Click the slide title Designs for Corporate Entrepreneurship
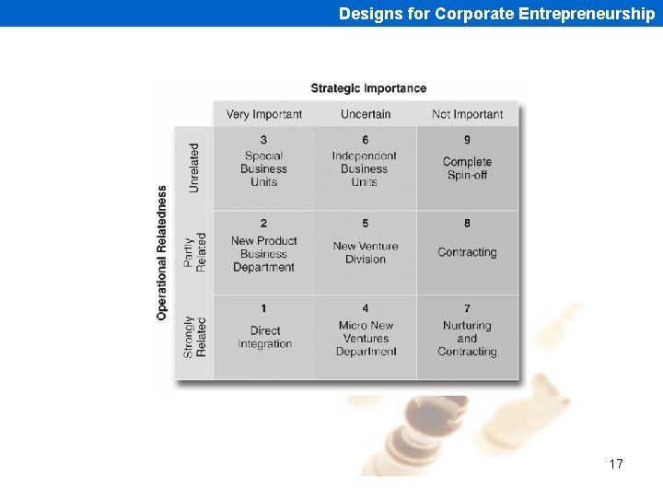click(x=496, y=14)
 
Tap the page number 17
click(x=616, y=464)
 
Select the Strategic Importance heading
click(x=368, y=88)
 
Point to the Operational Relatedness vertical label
click(x=162, y=253)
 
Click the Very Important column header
click(x=263, y=114)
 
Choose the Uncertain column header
click(x=366, y=114)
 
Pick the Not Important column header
click(x=467, y=114)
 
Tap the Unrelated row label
click(x=193, y=168)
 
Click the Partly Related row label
click(x=195, y=251)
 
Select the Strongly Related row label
click(x=195, y=337)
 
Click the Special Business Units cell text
click(x=264, y=169)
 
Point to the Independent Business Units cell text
click(x=365, y=169)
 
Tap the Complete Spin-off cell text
click(x=467, y=168)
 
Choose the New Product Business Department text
click(x=263, y=254)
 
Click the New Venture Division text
click(x=366, y=252)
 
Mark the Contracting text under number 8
click(x=467, y=252)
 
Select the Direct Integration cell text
click(x=264, y=337)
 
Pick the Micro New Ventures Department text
click(x=366, y=339)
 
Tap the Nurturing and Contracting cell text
click(x=467, y=339)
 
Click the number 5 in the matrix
click(x=366, y=224)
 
